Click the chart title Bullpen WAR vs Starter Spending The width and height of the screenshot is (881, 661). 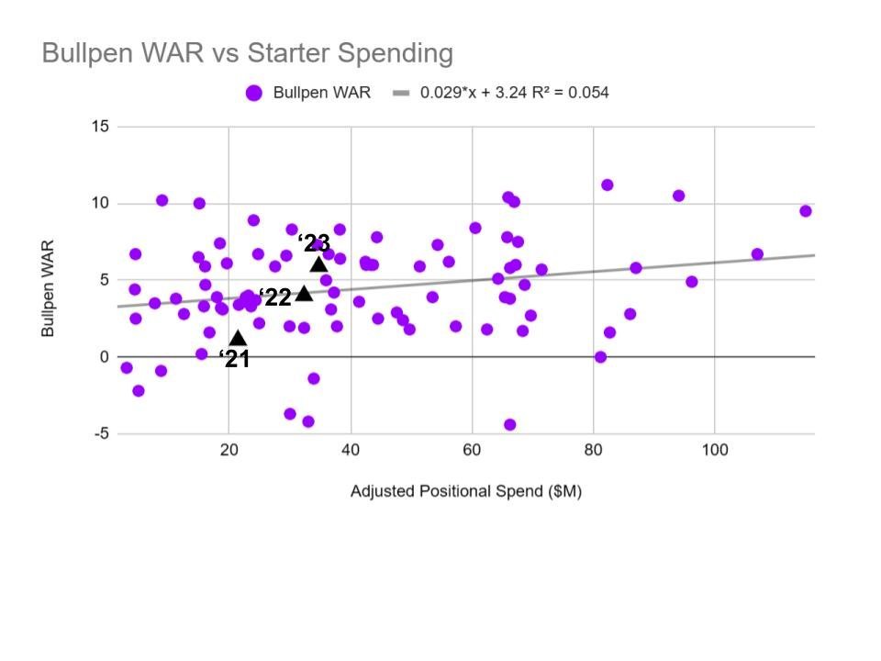(248, 53)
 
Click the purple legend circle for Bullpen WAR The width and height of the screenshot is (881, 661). (254, 93)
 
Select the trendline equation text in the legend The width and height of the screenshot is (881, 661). (514, 93)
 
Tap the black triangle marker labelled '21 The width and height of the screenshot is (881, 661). (238, 338)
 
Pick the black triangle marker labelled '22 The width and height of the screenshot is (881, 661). (304, 294)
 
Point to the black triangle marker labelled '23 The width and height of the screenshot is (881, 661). (318, 264)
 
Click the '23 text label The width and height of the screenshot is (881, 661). (314, 243)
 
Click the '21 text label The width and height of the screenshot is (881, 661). (235, 359)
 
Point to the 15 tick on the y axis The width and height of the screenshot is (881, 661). (99, 127)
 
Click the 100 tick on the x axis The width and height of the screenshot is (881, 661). (715, 450)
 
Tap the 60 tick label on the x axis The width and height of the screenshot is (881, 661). (472, 450)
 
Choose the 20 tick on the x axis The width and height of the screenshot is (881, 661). (229, 450)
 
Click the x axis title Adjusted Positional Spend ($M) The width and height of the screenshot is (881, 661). (465, 491)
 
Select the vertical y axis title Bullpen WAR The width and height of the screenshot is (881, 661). (49, 288)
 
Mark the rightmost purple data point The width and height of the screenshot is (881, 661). (806, 211)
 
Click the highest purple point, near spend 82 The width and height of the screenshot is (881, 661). (607, 185)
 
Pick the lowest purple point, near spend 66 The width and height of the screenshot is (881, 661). (509, 425)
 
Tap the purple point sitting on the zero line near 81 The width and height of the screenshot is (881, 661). (600, 357)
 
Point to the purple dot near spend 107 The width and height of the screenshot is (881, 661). (757, 254)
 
